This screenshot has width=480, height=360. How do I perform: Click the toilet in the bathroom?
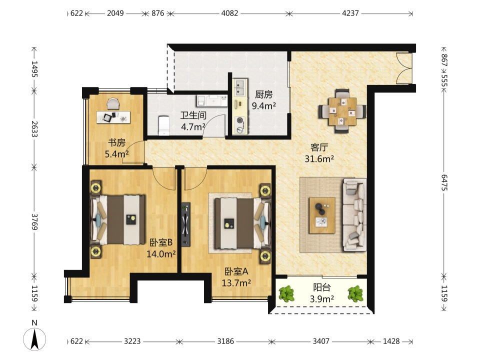point(164,125)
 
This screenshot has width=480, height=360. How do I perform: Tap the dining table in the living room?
point(342,111)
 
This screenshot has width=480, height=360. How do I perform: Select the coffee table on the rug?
point(321,215)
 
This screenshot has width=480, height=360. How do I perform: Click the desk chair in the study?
point(113,103)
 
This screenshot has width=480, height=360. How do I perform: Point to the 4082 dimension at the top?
point(229,13)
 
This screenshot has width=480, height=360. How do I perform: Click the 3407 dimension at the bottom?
point(321,341)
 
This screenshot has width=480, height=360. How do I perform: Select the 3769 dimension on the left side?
point(34,222)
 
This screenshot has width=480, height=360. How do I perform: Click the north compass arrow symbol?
point(34,339)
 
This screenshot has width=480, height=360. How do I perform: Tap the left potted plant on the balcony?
point(286,293)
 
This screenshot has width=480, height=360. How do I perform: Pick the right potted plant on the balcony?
point(355,293)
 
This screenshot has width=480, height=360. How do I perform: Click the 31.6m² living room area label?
point(319,158)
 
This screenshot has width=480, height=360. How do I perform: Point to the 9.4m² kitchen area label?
point(264,106)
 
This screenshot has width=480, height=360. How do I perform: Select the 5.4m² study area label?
point(116,154)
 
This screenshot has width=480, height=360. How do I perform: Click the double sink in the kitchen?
point(239,87)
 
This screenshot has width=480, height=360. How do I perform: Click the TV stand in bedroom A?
point(185,224)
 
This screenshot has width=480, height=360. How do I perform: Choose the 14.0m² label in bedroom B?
point(161,254)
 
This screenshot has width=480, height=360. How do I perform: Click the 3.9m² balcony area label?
point(321,299)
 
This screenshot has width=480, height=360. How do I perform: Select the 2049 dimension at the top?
point(115,13)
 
